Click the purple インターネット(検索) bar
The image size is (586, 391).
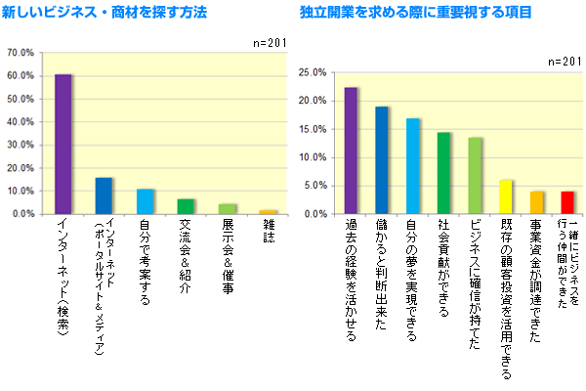point(63,144)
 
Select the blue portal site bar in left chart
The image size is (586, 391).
point(104,195)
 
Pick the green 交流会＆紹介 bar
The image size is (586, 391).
point(186,206)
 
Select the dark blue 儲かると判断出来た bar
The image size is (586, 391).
point(382,160)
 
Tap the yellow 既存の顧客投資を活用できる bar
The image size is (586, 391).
point(505,196)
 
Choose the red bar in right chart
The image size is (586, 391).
point(566,202)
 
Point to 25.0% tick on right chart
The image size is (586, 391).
point(310,72)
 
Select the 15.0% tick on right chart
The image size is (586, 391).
point(310,129)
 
